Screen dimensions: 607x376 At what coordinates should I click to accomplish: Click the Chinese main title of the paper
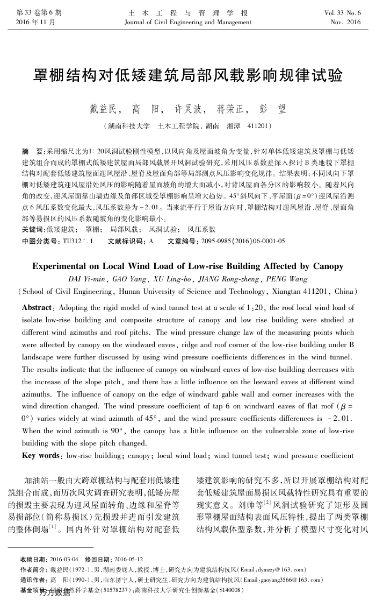coord(188,75)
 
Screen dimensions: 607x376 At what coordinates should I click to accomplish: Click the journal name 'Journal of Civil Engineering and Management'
coord(187,23)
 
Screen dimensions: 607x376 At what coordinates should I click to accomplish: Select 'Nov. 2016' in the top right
coord(346,23)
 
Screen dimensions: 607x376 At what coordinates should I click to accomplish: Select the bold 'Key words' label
coord(41,456)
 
